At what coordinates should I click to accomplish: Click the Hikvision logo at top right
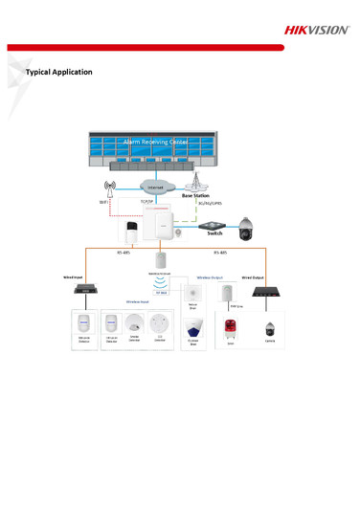tap(316, 30)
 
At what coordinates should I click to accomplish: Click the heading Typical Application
tap(59, 72)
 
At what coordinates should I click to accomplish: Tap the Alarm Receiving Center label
tap(156, 142)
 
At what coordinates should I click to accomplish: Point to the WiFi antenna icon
tap(110, 187)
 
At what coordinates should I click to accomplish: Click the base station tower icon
tap(196, 180)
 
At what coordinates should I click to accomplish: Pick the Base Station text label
tap(195, 195)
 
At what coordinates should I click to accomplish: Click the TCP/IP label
tap(146, 202)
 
